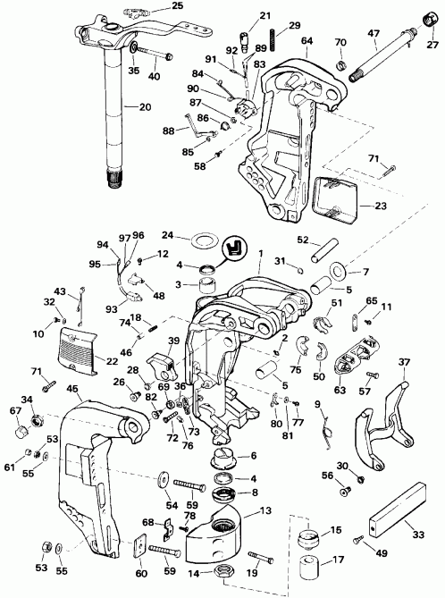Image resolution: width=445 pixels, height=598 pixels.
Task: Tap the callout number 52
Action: pos(303,240)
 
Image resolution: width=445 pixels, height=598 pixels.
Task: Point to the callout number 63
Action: pos(340,390)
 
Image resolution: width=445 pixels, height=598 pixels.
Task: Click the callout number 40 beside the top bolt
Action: pos(154,77)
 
